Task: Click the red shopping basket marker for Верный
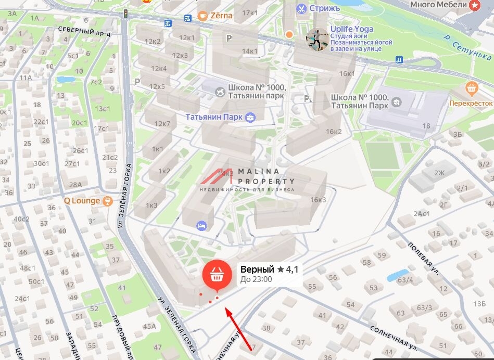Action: (x=217, y=275)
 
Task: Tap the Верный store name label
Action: (x=257, y=269)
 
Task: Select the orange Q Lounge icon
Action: (x=108, y=200)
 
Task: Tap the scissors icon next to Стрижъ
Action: (x=301, y=8)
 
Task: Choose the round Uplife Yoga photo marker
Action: (x=316, y=39)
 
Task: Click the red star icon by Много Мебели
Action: (x=474, y=5)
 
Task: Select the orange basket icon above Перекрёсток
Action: (x=471, y=87)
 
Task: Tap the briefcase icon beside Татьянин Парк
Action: (x=250, y=117)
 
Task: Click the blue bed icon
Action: (x=201, y=226)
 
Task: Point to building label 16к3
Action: (x=318, y=200)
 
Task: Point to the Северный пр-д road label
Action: (x=84, y=30)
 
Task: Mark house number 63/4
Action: (x=405, y=280)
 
